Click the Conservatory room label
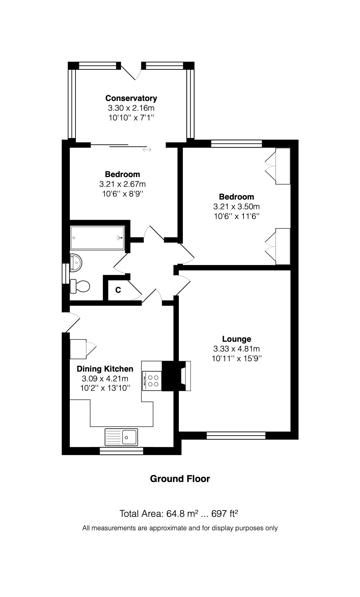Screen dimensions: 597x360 [x=131, y=98]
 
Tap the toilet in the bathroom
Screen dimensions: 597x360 [x=80, y=286]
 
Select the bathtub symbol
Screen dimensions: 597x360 [x=97, y=238]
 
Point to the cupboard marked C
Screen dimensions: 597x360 [x=118, y=290]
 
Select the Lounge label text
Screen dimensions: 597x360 [x=237, y=339]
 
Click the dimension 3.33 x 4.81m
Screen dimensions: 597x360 [x=237, y=348]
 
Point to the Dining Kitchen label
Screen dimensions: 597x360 [x=105, y=369]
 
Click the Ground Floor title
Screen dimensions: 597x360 [x=180, y=479]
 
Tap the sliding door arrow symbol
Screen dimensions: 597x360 [x=147, y=150]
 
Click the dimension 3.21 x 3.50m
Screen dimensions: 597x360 [x=237, y=207]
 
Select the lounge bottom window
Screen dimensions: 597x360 [x=236, y=435]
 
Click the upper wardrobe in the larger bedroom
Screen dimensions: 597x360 [x=282, y=166]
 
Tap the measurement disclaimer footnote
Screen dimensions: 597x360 [x=180, y=528]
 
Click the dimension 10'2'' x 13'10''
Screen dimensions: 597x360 [x=105, y=388]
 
